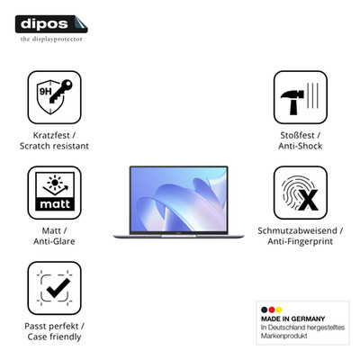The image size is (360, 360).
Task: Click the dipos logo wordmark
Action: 44,23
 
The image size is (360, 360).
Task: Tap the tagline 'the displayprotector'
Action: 51,39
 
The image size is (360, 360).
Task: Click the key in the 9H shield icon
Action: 60,91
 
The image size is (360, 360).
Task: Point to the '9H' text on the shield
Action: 46,91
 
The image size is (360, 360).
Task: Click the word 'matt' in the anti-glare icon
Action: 55,204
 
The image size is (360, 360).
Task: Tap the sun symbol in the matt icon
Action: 55,183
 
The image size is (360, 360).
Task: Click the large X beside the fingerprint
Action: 308,200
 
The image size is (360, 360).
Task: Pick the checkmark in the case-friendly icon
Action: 58,288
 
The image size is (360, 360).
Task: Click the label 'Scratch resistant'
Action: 54,146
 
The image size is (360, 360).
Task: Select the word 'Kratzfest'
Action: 51,135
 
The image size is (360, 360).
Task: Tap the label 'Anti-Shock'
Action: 301,146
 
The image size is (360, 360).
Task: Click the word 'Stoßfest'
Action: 297,135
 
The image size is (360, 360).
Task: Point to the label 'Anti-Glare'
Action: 54,241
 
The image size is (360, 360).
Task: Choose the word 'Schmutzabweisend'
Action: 297,230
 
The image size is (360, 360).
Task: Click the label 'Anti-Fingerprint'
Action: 301,241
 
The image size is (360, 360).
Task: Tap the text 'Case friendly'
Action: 54,337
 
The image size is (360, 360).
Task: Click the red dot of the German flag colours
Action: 272,310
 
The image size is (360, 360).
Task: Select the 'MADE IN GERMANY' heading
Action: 293,319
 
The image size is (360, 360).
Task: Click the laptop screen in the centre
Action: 179,199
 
